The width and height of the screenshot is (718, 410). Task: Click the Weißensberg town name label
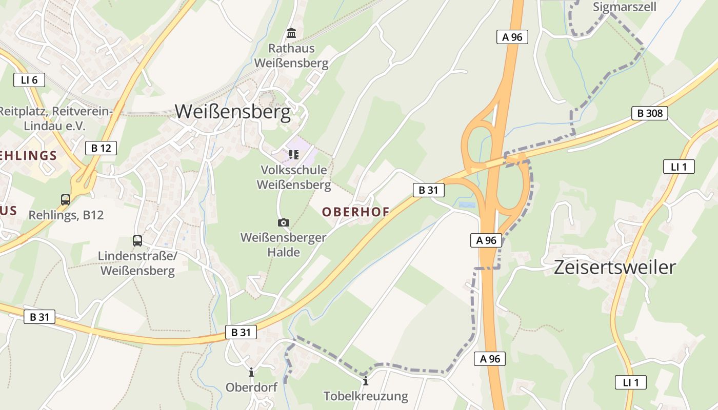pos(233,112)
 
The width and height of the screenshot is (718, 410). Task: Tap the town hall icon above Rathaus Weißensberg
pos(291,33)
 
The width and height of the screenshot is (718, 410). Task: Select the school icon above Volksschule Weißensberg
pos(293,154)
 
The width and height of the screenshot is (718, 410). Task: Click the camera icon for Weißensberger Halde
pos(283,222)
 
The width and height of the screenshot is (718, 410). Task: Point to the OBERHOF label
pos(355,211)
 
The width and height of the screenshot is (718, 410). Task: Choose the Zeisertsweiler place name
pos(614,267)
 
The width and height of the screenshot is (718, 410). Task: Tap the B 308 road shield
pos(649,113)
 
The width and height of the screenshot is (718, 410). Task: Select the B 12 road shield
pos(101,148)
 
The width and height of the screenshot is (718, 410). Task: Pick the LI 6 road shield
pos(29,80)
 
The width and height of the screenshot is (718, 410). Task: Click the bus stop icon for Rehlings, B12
pos(66,200)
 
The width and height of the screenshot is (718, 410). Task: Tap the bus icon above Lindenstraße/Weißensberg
pos(137,241)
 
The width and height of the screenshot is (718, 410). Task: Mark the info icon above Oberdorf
pos(251,373)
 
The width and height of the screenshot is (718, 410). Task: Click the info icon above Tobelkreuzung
pos(366,381)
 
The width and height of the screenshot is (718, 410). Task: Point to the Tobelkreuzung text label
pos(366,396)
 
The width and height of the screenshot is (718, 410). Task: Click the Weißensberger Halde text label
pos(284,244)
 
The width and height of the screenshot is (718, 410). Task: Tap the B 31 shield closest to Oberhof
pos(428,190)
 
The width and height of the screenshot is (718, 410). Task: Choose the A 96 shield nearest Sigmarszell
pos(512,37)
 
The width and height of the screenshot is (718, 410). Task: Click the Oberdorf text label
pos(251,387)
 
